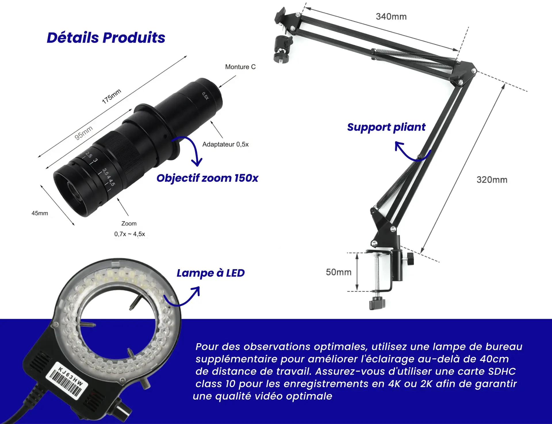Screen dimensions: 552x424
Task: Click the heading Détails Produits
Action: coord(106,38)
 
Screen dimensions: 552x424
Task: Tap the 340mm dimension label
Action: coord(391,16)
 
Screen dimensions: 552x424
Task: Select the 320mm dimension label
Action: coord(492,180)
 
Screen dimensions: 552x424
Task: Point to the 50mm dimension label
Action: coord(339,272)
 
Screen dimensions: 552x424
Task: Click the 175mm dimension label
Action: coord(112,96)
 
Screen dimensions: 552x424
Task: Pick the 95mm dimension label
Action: coord(84,133)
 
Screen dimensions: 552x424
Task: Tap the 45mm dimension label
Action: coord(40,213)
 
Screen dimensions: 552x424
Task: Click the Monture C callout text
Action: coord(240,67)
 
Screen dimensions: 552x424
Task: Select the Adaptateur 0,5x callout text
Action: coord(225,144)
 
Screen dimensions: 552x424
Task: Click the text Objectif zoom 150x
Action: coord(207,178)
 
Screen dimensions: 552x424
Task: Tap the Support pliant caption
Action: coord(386,127)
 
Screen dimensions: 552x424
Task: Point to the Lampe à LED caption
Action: coord(210,273)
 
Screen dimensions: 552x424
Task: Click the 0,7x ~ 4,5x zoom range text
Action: coord(130,234)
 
